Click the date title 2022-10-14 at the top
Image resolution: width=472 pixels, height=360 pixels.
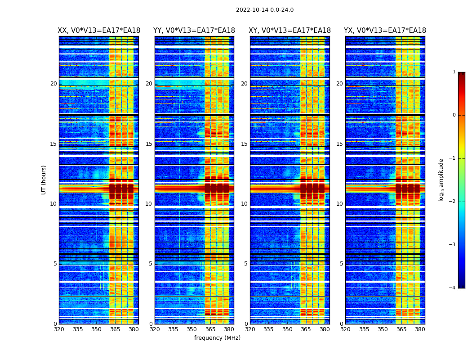click(x=264, y=10)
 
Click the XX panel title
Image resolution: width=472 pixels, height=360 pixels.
click(x=99, y=31)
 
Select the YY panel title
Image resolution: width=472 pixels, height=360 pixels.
click(x=194, y=31)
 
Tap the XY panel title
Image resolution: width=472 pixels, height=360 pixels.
click(x=289, y=31)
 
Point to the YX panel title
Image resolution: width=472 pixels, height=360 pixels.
click(x=385, y=31)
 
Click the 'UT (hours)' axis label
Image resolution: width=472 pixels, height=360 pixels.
click(x=44, y=180)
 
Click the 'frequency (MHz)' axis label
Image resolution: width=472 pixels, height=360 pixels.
click(x=217, y=338)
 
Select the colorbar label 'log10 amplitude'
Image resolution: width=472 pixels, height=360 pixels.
click(x=441, y=180)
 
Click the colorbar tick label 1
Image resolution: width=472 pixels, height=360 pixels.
click(x=454, y=72)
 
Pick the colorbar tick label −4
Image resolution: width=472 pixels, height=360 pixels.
click(x=453, y=288)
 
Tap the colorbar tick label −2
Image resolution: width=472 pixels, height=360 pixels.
click(x=453, y=202)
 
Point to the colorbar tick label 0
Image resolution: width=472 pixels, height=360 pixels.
click(x=454, y=115)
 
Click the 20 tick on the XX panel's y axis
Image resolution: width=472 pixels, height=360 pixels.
click(x=53, y=84)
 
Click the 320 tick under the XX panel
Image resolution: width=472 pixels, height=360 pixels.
click(x=59, y=329)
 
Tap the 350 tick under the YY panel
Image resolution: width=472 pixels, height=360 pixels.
click(x=191, y=329)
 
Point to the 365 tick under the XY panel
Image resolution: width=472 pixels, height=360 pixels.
click(x=306, y=329)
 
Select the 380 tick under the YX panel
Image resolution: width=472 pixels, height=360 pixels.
click(x=420, y=329)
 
